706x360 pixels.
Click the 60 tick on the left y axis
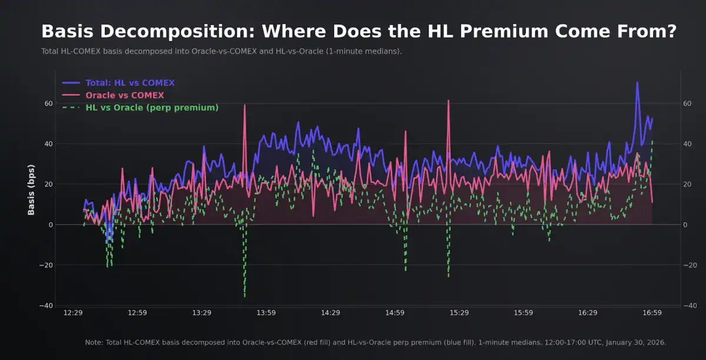(x=49, y=104)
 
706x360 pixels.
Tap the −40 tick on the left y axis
(x=46, y=305)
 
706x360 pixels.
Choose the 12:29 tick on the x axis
(x=73, y=313)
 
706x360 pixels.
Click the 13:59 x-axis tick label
(x=266, y=313)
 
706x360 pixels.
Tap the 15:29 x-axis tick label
(x=459, y=313)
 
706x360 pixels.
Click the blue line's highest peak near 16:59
(x=637, y=82)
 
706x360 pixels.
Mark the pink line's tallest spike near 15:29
(x=448, y=101)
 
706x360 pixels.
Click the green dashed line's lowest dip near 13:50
(x=245, y=296)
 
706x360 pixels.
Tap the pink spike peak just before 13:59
(x=245, y=105)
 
